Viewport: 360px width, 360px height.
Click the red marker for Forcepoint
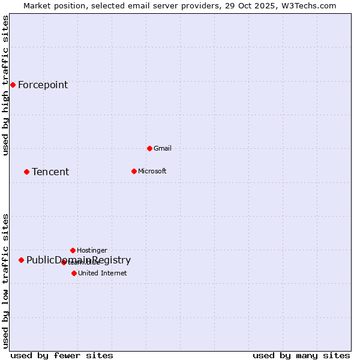pos(13,85)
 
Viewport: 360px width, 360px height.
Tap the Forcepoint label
pos(43,85)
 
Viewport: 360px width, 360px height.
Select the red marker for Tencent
pos(26,172)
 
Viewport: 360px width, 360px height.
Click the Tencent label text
pos(50,172)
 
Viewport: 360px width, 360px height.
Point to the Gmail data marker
pos(149,148)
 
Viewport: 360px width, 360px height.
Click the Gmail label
pos(163,148)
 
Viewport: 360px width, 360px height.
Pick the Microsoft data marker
pos(134,171)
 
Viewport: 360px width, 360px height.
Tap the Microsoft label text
pos(152,171)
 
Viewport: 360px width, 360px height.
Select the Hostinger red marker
pos(73,250)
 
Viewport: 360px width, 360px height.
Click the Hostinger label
pos(92,250)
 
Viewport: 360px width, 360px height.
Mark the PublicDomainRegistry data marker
pos(21,260)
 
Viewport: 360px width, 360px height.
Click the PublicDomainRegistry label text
pos(79,260)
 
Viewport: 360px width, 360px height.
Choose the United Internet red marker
pos(74,273)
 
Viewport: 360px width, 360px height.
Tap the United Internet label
pos(102,273)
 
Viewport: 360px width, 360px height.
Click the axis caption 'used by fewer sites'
pos(62,355)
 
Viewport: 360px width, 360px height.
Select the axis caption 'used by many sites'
pos(301,355)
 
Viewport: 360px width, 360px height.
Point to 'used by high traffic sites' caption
pos(6,85)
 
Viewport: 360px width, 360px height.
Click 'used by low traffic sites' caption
pos(6,281)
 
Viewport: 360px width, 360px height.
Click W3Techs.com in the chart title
pos(309,5)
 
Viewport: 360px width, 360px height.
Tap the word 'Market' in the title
pos(38,5)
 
